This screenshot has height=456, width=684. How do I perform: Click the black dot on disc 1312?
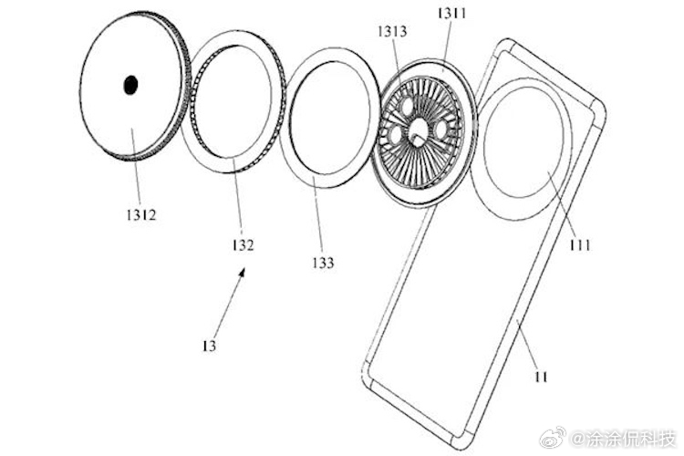131,86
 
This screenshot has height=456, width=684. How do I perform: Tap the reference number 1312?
143,216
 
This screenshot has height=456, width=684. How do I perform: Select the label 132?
243,244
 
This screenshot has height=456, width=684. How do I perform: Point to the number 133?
321,263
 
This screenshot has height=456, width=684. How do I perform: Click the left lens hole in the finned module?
395,135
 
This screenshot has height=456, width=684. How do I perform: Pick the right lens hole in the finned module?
441,130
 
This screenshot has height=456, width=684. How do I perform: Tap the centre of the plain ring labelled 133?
329,127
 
